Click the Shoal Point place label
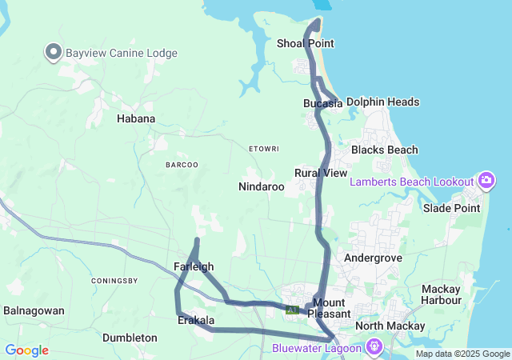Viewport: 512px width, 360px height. (305, 43)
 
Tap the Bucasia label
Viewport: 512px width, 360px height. (322, 103)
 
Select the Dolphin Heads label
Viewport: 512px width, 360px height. (382, 102)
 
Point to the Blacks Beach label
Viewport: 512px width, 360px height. (385, 150)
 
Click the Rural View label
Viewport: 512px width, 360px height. (321, 173)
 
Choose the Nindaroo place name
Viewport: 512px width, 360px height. (262, 186)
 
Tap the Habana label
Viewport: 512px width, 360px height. (136, 118)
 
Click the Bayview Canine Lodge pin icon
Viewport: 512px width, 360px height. (54, 52)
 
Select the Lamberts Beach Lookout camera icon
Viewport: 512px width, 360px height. (486, 181)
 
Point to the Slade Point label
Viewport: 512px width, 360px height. (452, 209)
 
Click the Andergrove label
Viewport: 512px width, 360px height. (371, 258)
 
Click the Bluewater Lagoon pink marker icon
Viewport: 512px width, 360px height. (374, 347)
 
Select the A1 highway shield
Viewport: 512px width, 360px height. (292, 310)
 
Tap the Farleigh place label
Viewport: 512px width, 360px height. (193, 266)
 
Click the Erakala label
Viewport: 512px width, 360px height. (196, 321)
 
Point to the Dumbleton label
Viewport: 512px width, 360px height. (130, 338)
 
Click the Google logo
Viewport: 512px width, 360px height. (26, 350)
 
